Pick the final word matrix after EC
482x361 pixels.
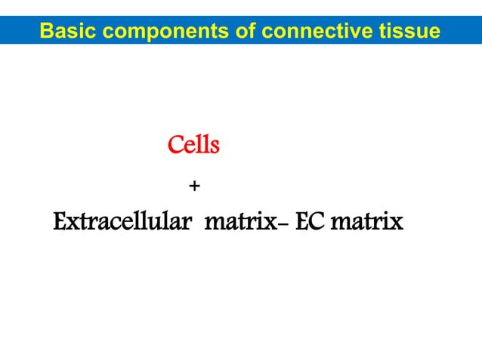366,224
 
